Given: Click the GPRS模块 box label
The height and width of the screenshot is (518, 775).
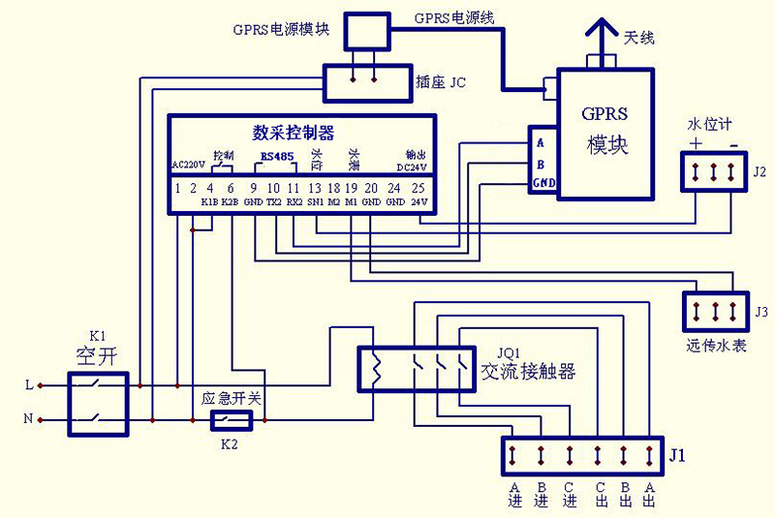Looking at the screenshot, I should pyautogui.click(x=605, y=130).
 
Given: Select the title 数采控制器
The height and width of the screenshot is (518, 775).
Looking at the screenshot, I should pyautogui.click(x=293, y=133).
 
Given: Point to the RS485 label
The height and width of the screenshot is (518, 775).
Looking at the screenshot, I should pyautogui.click(x=277, y=155).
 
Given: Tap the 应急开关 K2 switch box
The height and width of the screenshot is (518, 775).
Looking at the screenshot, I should pyautogui.click(x=232, y=419).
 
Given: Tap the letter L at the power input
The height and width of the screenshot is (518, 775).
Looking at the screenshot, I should pyautogui.click(x=29, y=385).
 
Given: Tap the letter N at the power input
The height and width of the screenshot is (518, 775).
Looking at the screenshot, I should pyautogui.click(x=29, y=420).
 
